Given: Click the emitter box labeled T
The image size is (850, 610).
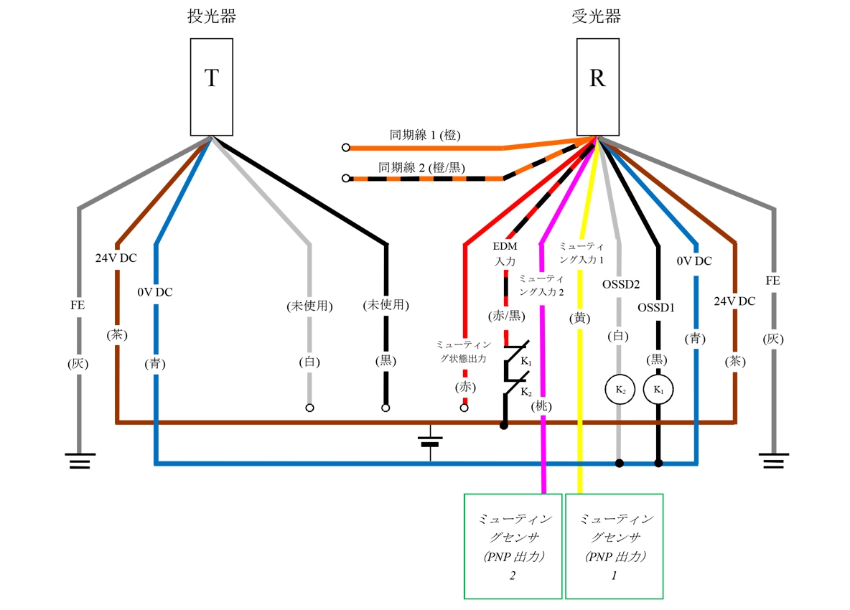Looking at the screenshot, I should pyautogui.click(x=211, y=87).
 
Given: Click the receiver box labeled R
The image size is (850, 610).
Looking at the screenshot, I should pyautogui.click(x=597, y=87).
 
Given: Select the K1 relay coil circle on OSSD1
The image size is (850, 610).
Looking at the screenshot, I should pyautogui.click(x=658, y=390).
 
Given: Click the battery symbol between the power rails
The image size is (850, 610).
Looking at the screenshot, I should pyautogui.click(x=430, y=441).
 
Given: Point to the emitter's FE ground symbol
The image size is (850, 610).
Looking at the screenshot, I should pyautogui.click(x=78, y=460).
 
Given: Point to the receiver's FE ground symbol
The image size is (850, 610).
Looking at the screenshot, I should pyautogui.click(x=773, y=460).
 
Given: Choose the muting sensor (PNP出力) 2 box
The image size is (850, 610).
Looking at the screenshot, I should pyautogui.click(x=513, y=545).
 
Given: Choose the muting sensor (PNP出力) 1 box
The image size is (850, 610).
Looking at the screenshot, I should pyautogui.click(x=614, y=545).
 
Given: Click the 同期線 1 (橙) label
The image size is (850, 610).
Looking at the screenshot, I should pyautogui.click(x=425, y=134).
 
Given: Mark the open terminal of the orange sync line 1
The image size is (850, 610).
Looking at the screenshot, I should pyautogui.click(x=346, y=148).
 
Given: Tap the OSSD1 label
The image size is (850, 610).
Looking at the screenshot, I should pyautogui.click(x=656, y=308).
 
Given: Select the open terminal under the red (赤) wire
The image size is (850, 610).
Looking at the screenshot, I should pyautogui.click(x=464, y=408).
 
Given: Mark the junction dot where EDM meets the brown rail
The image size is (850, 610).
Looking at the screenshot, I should pyautogui.click(x=504, y=426).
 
